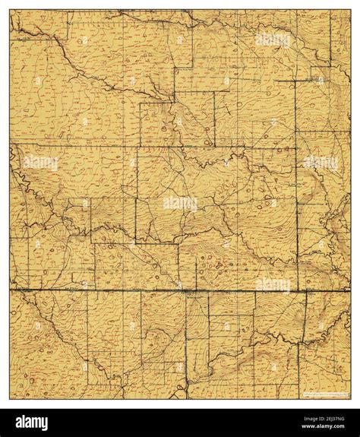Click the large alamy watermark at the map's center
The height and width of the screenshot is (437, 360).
(180, 203)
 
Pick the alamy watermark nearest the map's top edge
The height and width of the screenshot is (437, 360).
(273, 40)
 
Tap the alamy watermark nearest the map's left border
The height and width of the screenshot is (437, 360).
(40, 163)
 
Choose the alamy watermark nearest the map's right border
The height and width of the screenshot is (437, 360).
(321, 163)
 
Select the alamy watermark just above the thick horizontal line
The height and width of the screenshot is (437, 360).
(273, 284)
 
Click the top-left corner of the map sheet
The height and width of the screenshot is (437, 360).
(10, 10)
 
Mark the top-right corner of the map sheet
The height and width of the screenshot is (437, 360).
(350, 10)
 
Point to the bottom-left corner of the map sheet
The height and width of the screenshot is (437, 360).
(10, 399)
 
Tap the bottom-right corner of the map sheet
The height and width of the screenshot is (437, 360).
(350, 399)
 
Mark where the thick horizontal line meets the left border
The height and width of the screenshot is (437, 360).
(10, 289)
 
